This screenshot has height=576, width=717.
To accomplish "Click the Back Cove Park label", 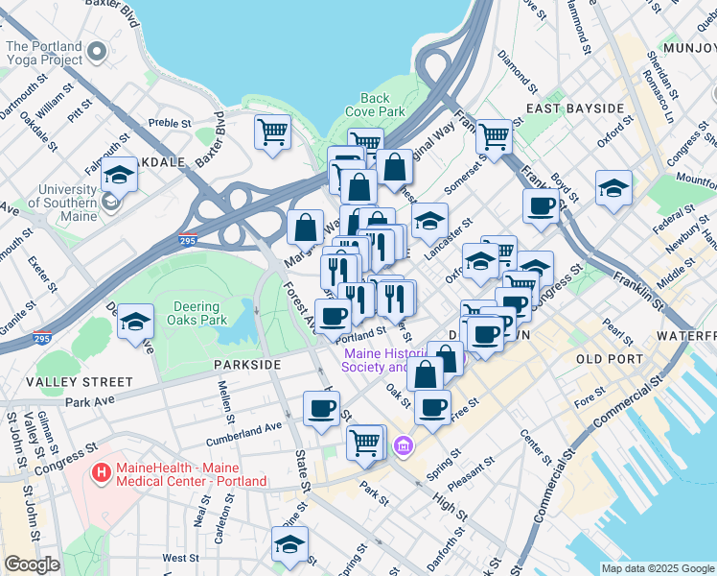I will click(375, 105).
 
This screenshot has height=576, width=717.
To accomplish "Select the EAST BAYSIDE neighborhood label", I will click(575, 108).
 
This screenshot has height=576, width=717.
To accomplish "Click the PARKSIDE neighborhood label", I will click(247, 365).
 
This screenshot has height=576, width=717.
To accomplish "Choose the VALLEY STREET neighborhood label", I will click(66, 381).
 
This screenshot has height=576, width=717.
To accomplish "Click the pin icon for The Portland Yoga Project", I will click(96, 50).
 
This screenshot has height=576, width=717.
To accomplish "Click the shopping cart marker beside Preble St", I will click(273, 131).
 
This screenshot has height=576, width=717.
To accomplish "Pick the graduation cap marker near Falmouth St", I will click(120, 176).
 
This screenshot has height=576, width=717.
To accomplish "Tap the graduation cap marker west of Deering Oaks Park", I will click(136, 321).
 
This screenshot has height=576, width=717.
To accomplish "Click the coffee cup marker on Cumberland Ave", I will click(321, 407).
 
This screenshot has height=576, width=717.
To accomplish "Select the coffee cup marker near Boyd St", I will click(542, 205).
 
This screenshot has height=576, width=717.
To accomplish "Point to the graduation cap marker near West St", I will click(289, 542).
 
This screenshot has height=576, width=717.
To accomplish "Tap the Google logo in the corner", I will click(33, 564).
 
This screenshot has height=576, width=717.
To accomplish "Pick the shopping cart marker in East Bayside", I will click(494, 136).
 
